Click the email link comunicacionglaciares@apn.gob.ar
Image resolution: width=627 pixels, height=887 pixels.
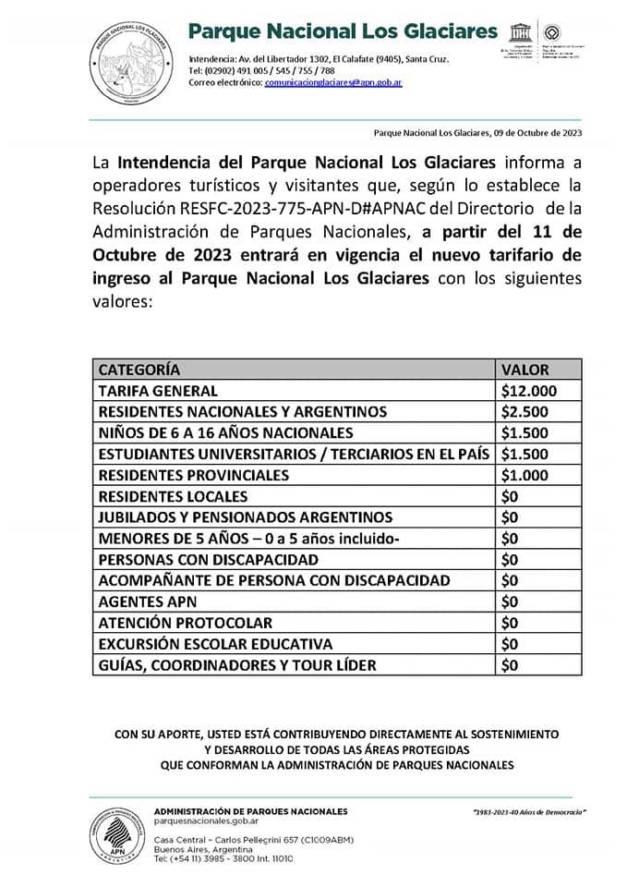(x=333, y=82)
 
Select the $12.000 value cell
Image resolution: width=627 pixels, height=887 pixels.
(x=528, y=391)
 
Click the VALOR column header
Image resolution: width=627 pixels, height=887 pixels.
(x=524, y=369)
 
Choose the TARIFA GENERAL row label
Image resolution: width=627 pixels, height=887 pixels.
(x=158, y=391)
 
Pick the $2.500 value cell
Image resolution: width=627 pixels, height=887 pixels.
(x=525, y=412)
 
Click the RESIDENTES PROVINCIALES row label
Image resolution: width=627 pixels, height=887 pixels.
(x=193, y=475)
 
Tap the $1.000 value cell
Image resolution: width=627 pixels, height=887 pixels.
(x=525, y=475)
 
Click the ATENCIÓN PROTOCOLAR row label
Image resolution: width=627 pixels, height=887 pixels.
(x=185, y=623)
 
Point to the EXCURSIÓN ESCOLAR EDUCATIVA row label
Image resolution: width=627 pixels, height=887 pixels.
(x=214, y=644)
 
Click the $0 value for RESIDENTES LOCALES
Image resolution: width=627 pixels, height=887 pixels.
(x=511, y=496)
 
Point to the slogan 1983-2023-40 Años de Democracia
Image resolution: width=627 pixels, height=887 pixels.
(x=529, y=812)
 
